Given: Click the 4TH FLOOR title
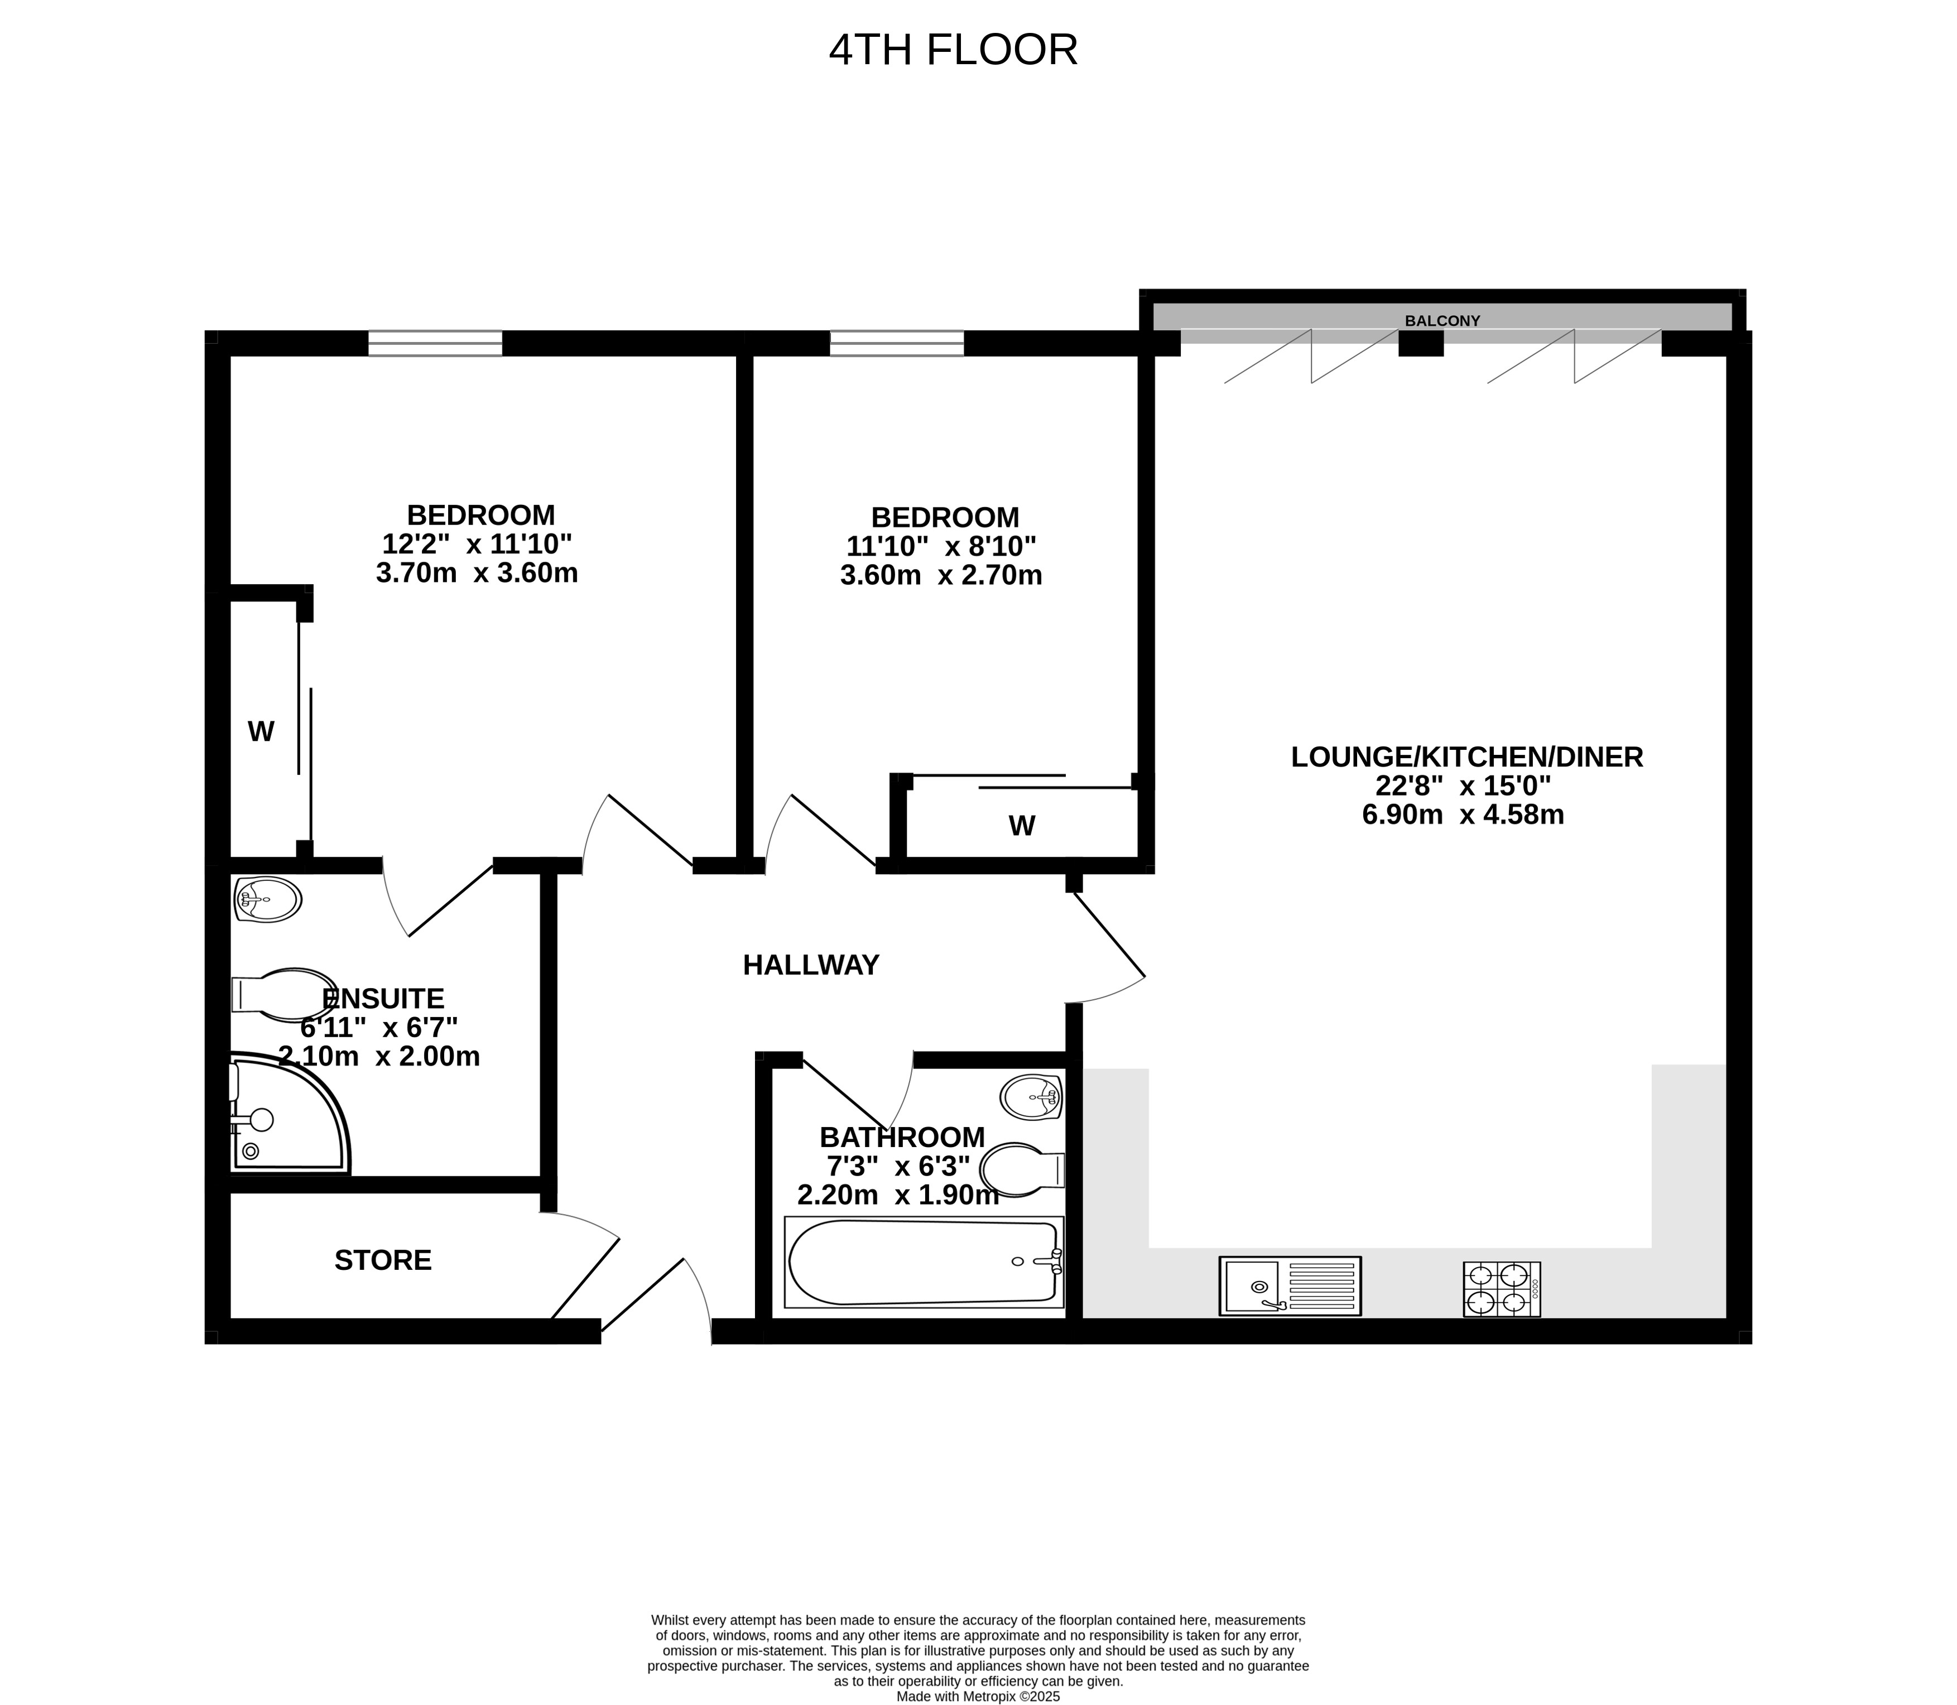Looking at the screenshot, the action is click(x=953, y=50).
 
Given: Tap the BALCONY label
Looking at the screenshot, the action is click(x=1442, y=321).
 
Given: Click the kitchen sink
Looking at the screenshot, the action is click(x=1290, y=1287).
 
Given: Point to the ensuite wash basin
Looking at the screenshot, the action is click(x=267, y=899).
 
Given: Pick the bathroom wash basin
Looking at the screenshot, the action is click(x=1031, y=1097).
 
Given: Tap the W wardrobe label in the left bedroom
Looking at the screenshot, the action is click(x=261, y=731).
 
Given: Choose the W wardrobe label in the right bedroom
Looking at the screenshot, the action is click(x=1022, y=826).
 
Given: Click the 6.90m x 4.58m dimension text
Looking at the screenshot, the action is click(x=1463, y=815).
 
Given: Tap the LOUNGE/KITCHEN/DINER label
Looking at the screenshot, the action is click(x=1467, y=757).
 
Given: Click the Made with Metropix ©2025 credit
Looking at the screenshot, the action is click(x=978, y=1696).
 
